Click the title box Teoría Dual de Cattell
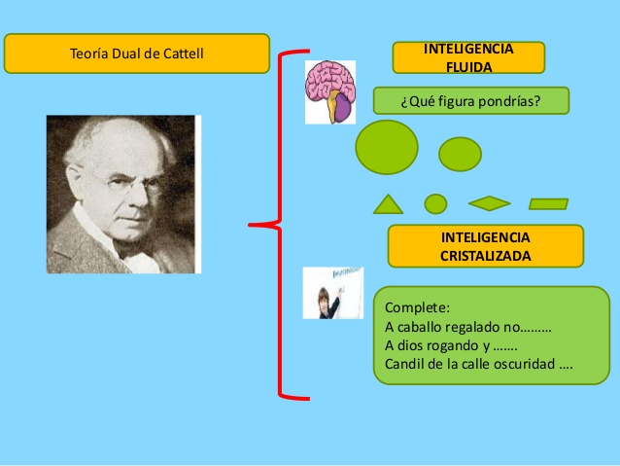136,54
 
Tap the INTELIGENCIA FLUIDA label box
468,57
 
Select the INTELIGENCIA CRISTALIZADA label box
485,246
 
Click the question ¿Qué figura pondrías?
470,100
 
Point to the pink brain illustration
329,91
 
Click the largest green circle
387,147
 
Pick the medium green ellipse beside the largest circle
460,154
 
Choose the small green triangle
388,205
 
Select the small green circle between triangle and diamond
435,203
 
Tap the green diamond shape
489,203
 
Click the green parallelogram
548,203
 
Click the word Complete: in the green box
411,308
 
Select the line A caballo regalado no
467,327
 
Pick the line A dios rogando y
451,346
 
